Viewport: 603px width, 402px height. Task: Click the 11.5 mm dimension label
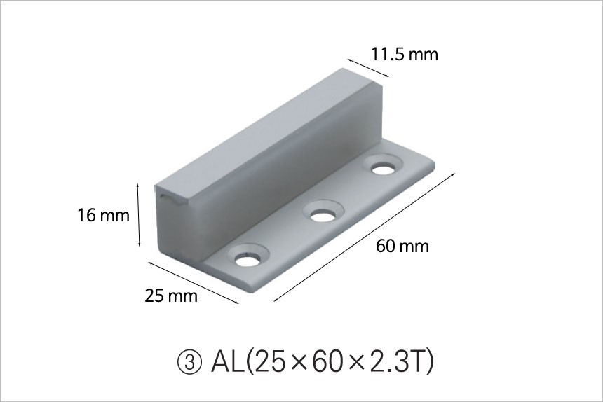click(404, 55)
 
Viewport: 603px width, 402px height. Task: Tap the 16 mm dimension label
click(104, 215)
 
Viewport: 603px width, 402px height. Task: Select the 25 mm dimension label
click(171, 296)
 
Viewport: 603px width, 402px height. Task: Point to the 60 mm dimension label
click(402, 246)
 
